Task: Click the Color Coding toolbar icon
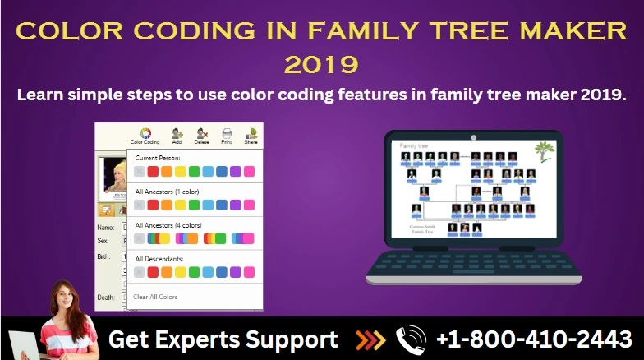[x=145, y=135]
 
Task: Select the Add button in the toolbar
[x=177, y=135]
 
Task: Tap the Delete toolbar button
[x=202, y=135]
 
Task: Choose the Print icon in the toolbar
[x=227, y=135]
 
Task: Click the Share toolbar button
[x=251, y=135]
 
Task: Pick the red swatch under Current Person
[x=154, y=171]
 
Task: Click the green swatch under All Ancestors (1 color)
[x=194, y=205]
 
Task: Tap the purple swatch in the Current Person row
[x=235, y=171]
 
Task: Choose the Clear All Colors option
[x=155, y=297]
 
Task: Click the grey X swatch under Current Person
[x=140, y=171]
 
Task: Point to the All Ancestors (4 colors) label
[x=168, y=224]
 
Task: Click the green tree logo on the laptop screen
[x=542, y=153]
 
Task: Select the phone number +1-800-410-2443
[x=534, y=339]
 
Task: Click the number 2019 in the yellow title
[x=321, y=63]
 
